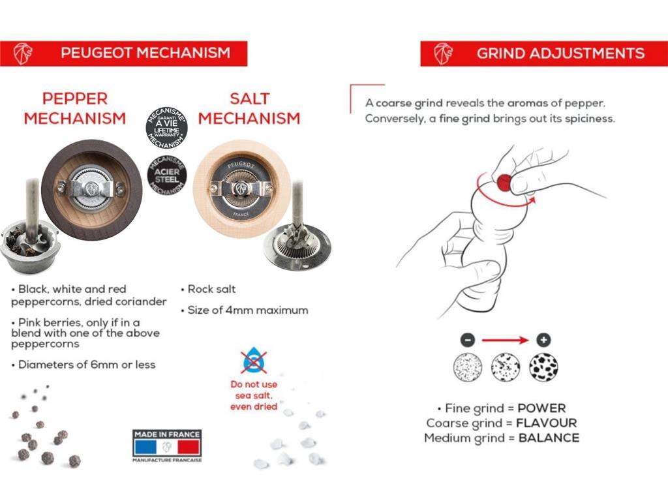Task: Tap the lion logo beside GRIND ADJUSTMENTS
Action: point(444,53)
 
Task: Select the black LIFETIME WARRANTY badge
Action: point(166,127)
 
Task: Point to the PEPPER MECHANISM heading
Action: point(75,108)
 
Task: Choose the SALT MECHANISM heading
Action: point(249,108)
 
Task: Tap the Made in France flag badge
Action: point(167,446)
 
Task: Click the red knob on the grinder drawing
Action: point(504,183)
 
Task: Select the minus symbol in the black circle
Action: point(467,340)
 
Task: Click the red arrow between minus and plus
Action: point(506,340)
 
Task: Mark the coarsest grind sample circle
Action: point(543,367)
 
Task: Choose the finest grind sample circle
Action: point(467,367)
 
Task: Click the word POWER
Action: point(541,408)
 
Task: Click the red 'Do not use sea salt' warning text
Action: point(254,395)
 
